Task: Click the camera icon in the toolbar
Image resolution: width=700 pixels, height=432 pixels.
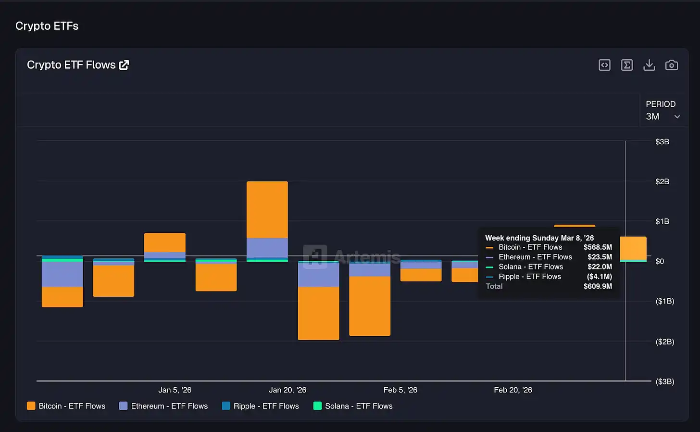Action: [x=671, y=65]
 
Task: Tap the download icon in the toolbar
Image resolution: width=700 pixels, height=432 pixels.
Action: [x=649, y=65]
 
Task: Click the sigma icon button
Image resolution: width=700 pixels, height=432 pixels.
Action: [x=626, y=65]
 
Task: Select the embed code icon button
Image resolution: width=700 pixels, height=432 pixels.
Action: [x=604, y=65]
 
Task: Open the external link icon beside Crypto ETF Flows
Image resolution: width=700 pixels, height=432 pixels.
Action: [x=124, y=65]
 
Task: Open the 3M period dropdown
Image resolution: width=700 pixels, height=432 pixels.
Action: [x=662, y=116]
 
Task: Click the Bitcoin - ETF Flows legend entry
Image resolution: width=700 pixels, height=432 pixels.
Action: [x=66, y=406]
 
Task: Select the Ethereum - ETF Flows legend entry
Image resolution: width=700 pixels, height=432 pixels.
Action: [x=163, y=406]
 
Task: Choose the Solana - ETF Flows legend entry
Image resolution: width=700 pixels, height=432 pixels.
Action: [x=353, y=406]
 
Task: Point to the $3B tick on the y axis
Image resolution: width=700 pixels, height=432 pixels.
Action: [x=662, y=142]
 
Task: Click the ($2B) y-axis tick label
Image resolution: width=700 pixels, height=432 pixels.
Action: [x=664, y=342]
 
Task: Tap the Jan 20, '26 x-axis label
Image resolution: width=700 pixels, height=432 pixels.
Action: [x=287, y=390]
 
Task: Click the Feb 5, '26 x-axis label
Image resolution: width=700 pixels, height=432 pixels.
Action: [x=400, y=390]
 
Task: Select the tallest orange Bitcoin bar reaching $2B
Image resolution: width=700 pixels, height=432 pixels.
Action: [x=267, y=209]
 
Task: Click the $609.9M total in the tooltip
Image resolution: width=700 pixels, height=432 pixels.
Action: [x=598, y=286]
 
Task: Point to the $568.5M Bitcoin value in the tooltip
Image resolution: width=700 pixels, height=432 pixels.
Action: [x=598, y=247]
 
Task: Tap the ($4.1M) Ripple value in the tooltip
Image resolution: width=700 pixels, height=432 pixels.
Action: [x=599, y=277]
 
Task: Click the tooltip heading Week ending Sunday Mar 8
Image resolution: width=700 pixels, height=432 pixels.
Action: [x=539, y=238]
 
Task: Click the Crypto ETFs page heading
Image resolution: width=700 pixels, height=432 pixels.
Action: [x=47, y=26]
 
